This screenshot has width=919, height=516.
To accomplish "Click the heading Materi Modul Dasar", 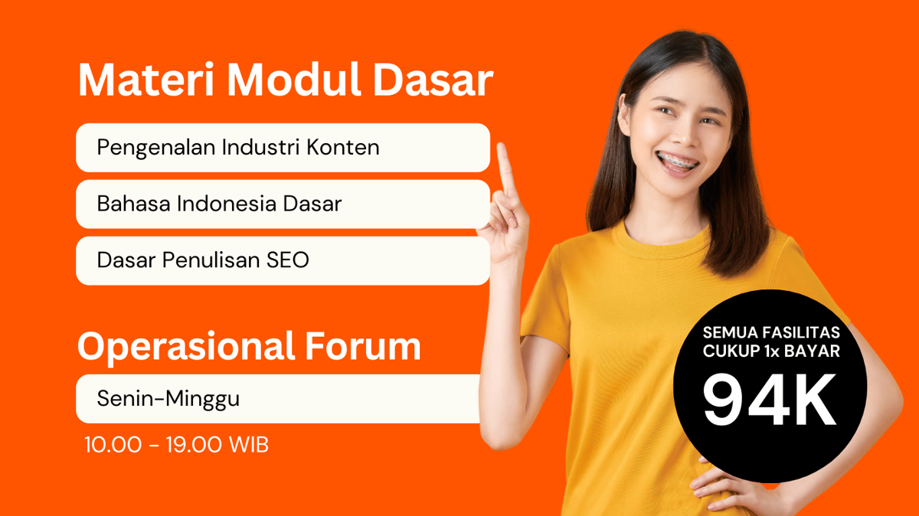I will point(285,80).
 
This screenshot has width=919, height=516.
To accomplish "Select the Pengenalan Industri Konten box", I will point(283,147).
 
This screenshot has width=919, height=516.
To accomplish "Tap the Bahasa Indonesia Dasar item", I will point(283,204).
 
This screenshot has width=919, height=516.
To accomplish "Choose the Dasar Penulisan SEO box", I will point(283,260).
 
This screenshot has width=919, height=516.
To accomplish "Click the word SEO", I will point(287,260).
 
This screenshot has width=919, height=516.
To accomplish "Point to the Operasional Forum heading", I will point(249,346).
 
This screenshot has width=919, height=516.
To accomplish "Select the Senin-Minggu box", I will point(277,399).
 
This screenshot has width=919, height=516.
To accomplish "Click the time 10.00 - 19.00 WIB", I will point(177,446).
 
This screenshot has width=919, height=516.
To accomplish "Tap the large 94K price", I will point(770,401).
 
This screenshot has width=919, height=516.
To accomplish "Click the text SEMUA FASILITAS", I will point(771,334).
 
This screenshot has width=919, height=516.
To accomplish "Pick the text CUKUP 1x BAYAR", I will point(771,352).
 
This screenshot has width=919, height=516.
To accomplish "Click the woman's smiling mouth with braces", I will point(677,163).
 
